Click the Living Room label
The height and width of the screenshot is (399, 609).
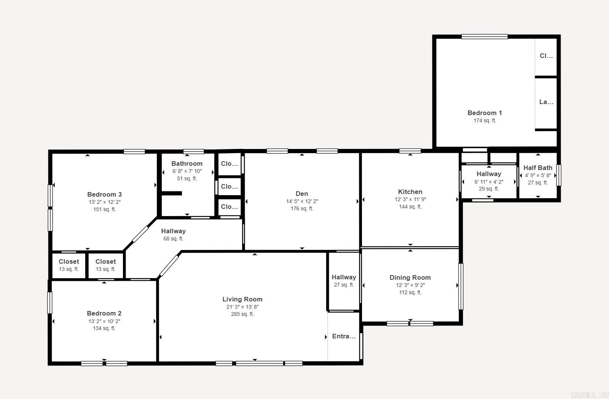click(x=242, y=299)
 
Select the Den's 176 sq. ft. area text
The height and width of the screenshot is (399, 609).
click(x=302, y=208)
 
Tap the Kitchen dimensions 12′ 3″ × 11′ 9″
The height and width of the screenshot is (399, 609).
click(x=410, y=199)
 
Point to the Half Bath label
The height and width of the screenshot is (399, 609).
click(x=537, y=168)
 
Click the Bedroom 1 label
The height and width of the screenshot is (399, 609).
click(x=485, y=113)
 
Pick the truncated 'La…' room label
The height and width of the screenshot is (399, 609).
click(x=546, y=102)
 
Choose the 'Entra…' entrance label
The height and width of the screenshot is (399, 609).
click(x=344, y=336)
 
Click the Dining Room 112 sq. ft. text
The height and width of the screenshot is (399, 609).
click(x=410, y=292)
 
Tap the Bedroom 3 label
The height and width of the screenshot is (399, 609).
click(x=104, y=194)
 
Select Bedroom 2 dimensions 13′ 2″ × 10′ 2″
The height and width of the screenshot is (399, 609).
click(x=104, y=321)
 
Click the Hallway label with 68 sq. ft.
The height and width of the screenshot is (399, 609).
click(x=173, y=231)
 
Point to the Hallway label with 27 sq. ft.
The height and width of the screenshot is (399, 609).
click(x=344, y=277)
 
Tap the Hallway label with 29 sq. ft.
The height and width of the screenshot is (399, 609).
click(x=489, y=174)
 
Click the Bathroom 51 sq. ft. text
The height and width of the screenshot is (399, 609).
click(x=187, y=178)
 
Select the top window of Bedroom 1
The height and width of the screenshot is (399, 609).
click(x=485, y=37)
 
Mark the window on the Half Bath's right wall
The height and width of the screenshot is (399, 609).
click(x=558, y=175)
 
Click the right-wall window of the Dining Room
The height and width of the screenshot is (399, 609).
click(x=461, y=286)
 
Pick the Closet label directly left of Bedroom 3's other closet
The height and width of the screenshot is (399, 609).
click(x=69, y=261)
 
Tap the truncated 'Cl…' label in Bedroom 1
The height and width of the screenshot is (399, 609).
click(x=546, y=56)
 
